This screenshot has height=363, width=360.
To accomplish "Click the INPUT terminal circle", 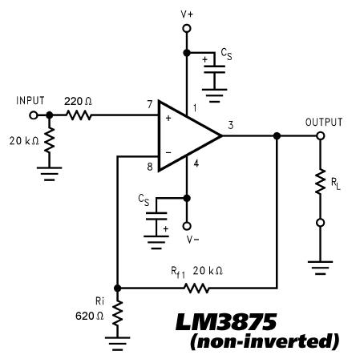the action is [x=34, y=115].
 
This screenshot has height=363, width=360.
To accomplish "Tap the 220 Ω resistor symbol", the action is [x=79, y=115].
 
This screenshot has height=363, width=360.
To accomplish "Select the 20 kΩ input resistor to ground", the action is [x=50, y=140].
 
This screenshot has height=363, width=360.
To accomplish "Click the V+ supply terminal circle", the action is [x=187, y=28].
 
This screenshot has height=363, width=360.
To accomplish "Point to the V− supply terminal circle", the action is [x=187, y=226].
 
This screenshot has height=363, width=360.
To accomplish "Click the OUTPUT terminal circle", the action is [x=320, y=136].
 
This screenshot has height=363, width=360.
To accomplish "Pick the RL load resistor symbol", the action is [x=320, y=181].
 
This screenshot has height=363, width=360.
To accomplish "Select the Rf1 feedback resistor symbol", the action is [x=196, y=288].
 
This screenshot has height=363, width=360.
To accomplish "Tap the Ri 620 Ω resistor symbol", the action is [x=117, y=313].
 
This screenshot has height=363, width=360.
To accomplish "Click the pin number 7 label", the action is [x=150, y=104].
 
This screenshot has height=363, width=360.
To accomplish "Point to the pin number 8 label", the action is [x=150, y=167].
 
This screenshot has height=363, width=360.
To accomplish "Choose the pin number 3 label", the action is [x=231, y=125].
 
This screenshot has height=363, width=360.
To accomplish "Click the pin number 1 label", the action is [x=195, y=108].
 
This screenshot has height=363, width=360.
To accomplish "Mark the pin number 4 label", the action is [x=196, y=163].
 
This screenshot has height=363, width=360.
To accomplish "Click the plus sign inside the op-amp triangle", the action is [x=168, y=118].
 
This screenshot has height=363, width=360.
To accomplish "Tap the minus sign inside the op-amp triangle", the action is [x=168, y=152].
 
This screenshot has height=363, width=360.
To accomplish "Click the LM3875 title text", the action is [x=226, y=322].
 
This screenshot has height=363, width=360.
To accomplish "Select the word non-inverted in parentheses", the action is [x=265, y=341].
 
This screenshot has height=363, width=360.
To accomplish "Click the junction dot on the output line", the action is [x=277, y=136].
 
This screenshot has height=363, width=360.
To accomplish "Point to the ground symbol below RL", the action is [x=320, y=268].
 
